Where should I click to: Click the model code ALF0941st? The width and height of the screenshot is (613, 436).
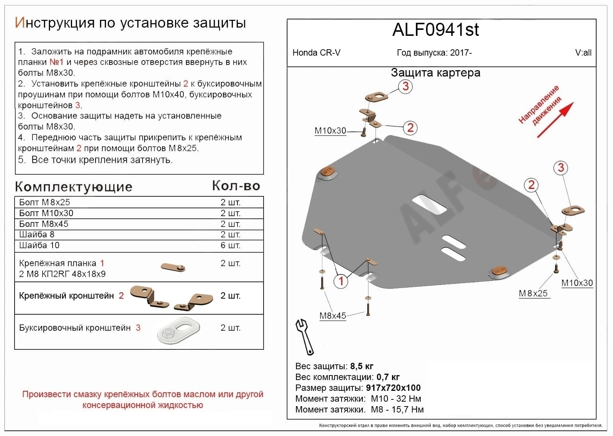[x=435, y=30]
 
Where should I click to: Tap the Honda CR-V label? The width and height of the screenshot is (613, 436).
[x=316, y=53]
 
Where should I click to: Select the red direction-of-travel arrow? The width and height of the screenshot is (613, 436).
[x=555, y=120]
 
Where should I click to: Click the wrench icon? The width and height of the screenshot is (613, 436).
[x=305, y=336]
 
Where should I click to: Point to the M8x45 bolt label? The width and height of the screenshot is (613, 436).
[x=332, y=316]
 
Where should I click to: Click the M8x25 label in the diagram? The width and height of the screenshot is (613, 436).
[x=533, y=293]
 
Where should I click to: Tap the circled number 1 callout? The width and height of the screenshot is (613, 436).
[x=341, y=281]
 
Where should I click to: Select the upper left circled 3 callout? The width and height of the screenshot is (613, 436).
[x=405, y=87]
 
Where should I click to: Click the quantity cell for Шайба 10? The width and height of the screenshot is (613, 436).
[x=230, y=245]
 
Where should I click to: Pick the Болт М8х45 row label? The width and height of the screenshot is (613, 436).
[x=44, y=224]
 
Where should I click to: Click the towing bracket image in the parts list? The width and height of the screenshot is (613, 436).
[x=178, y=330]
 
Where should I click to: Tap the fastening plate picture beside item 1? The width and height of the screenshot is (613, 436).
[x=173, y=267]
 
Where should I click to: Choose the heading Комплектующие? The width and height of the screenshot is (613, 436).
[x=74, y=187]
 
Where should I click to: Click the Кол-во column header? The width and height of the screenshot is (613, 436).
[x=236, y=186]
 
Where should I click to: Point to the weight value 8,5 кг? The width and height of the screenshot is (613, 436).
[x=361, y=366]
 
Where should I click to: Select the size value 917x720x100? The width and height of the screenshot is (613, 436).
[x=393, y=388]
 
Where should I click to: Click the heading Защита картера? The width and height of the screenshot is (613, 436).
[x=435, y=72]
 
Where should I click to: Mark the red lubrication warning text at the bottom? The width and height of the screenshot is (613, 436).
[x=143, y=399]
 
